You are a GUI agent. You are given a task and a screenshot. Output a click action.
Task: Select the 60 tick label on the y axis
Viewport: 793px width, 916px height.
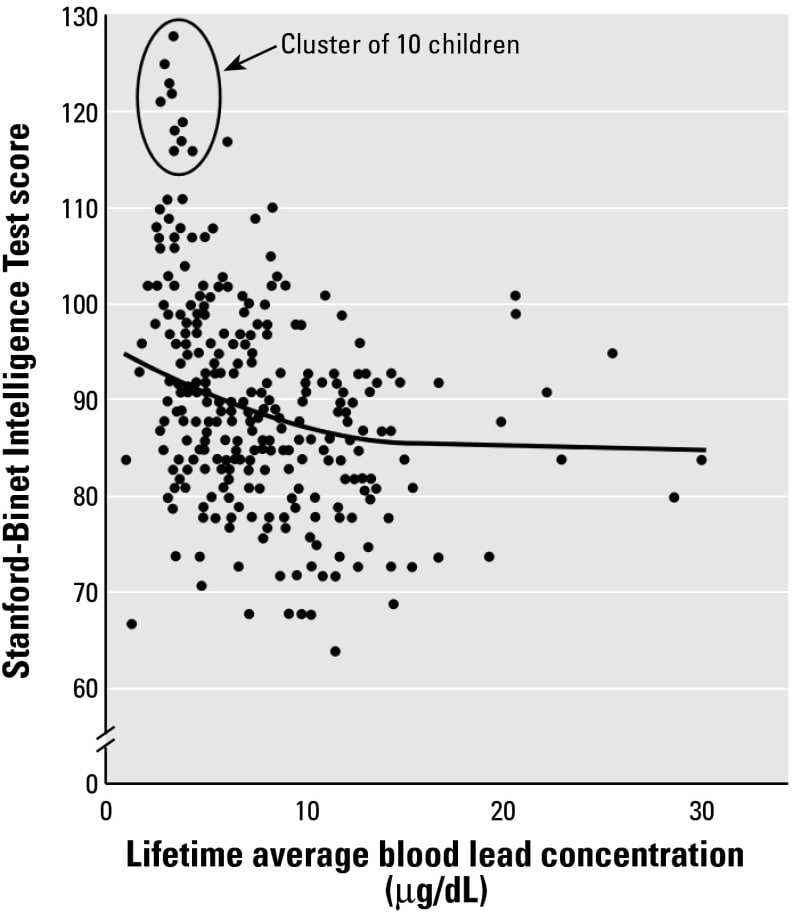pos(84,688)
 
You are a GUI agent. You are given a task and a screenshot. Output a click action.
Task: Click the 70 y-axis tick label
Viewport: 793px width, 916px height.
pos(84,592)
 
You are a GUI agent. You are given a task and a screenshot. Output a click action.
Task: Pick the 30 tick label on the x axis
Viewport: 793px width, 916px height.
pos(702,811)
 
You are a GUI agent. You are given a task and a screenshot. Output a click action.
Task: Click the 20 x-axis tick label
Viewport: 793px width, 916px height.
pos(504,811)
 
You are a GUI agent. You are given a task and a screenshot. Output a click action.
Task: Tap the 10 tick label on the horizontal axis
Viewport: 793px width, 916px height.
pos(306,811)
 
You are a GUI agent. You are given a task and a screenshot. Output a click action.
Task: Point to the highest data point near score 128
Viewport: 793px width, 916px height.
pos(173,36)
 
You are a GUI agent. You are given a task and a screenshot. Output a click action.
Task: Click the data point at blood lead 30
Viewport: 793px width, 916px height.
pos(702,460)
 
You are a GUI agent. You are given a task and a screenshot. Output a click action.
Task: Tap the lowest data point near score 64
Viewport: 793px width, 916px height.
pos(335,651)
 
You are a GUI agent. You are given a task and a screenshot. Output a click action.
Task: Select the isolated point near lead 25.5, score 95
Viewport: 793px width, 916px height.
pos(612,353)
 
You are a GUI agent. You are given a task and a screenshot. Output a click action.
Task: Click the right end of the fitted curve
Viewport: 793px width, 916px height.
pos(705,449)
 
